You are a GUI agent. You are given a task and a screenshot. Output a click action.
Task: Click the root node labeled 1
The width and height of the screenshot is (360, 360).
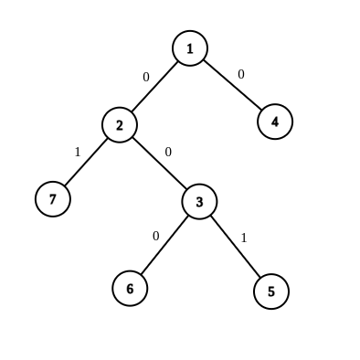[190, 48]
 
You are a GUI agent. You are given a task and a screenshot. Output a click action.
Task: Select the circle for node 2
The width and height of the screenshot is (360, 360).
[120, 125]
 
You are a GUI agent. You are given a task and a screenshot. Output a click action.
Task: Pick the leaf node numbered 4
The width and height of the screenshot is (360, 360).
[275, 121]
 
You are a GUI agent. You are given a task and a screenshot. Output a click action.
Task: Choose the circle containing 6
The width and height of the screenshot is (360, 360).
[130, 288]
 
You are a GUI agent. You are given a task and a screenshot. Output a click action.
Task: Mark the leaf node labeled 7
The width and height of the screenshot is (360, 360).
[53, 198]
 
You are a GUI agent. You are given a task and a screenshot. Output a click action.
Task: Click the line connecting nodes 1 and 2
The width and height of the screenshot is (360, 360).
[155, 87]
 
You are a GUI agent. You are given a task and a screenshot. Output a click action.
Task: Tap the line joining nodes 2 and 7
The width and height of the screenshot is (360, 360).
[87, 162]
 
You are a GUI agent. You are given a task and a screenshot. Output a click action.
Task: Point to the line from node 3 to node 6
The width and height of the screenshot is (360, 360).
[164, 245]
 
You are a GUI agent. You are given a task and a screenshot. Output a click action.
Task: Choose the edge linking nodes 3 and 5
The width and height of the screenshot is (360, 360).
[235, 246]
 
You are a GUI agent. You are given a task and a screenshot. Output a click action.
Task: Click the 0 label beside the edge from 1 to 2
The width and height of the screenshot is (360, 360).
[145, 78]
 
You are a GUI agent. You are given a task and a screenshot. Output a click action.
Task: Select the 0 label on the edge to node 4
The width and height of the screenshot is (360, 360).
[241, 74]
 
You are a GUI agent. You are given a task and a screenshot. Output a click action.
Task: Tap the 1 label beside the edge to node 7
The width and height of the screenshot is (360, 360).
[77, 152]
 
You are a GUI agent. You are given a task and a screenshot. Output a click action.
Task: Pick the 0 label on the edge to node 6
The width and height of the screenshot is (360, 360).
[155, 236]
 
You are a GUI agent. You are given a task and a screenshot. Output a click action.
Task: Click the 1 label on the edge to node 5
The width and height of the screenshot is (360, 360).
[243, 238]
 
